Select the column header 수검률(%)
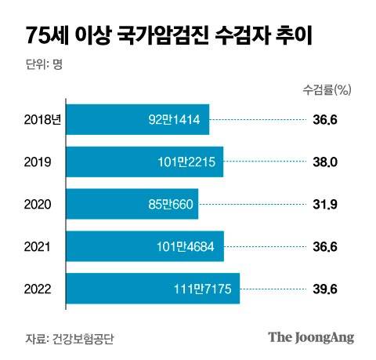[x=326, y=89]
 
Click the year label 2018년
[x=41, y=120]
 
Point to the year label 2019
[x=38, y=162]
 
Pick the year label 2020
[x=38, y=205]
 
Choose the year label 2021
[x=38, y=248]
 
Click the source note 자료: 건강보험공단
[x=75, y=338]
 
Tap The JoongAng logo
[x=311, y=337]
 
